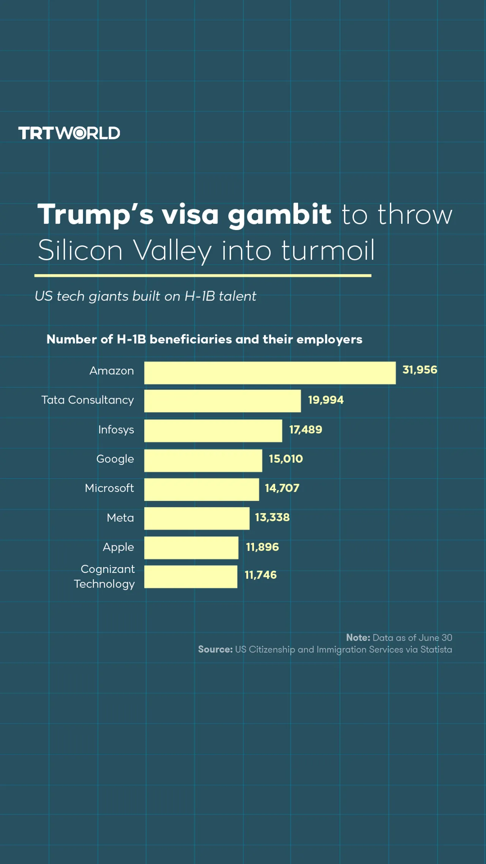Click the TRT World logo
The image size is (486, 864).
click(69, 133)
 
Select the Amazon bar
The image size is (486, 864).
click(270, 373)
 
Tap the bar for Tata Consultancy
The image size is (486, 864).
click(222, 401)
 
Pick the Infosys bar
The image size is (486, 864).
click(213, 430)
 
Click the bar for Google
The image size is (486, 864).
click(203, 460)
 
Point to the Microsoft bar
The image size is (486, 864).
click(202, 489)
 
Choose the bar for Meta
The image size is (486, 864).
click(197, 518)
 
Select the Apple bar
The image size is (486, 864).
click(191, 547)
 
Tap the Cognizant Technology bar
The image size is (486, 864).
click(191, 577)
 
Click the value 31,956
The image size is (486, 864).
click(420, 370)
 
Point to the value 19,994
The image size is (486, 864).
click(326, 400)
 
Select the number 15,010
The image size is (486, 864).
click(286, 459)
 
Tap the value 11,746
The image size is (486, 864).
click(260, 575)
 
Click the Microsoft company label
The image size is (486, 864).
click(109, 488)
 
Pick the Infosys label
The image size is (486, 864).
click(116, 430)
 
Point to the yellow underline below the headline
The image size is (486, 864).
click(203, 276)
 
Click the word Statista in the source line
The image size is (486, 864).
click(436, 649)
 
